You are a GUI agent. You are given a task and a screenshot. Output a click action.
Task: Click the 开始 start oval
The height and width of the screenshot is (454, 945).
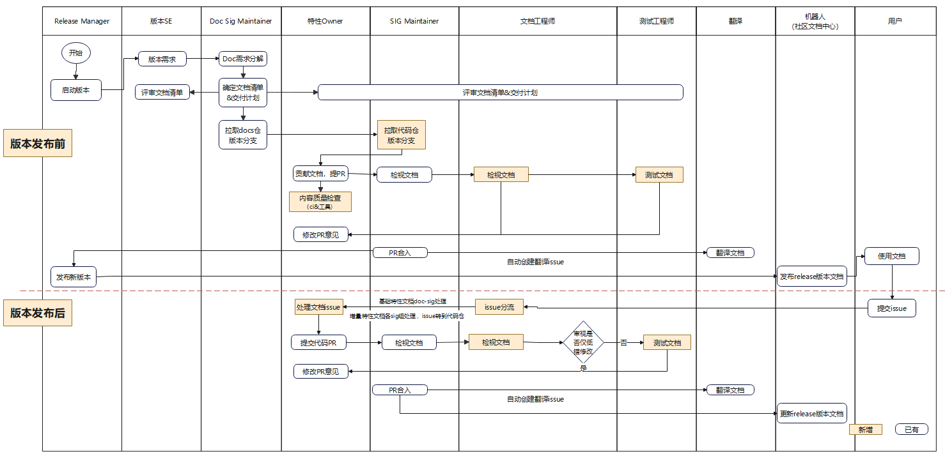76,53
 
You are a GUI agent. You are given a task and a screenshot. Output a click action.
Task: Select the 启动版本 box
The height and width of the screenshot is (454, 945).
76,90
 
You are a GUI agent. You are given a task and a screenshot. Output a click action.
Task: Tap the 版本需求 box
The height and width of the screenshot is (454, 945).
162,59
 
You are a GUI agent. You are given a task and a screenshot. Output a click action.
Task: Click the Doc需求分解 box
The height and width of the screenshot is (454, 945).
243,59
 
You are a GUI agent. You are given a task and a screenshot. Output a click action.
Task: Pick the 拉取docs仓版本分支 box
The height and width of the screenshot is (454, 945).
243,135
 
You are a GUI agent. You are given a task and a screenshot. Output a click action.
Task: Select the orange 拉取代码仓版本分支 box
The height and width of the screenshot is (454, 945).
401,135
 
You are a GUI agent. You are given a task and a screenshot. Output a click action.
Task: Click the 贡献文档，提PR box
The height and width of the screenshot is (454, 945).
320,174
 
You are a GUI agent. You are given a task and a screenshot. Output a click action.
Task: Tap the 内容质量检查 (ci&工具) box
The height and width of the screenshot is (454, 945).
320,202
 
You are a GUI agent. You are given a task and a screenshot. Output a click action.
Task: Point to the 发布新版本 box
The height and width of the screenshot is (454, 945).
74,277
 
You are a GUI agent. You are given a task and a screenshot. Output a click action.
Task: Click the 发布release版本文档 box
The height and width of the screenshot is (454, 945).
811,276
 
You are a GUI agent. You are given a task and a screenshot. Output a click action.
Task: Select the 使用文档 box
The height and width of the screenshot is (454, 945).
892,256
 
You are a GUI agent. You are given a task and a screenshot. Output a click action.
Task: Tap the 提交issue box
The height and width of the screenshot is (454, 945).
892,308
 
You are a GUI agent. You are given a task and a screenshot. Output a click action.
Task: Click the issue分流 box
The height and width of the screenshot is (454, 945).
499,307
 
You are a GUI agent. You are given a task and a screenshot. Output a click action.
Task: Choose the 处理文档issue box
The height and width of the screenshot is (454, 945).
318,307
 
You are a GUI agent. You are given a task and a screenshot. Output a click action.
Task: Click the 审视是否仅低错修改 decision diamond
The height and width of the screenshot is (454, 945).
583,342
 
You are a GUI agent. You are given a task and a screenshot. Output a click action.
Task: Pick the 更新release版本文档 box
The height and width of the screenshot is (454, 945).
811,414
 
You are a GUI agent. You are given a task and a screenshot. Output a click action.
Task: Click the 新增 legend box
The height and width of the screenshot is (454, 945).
866,430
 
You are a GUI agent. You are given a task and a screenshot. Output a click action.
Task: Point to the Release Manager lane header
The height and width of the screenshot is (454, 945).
82,21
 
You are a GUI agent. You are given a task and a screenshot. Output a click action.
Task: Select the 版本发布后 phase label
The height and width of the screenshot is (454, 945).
38,313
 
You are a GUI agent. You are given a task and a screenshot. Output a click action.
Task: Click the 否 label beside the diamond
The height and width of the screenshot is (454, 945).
624,343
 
